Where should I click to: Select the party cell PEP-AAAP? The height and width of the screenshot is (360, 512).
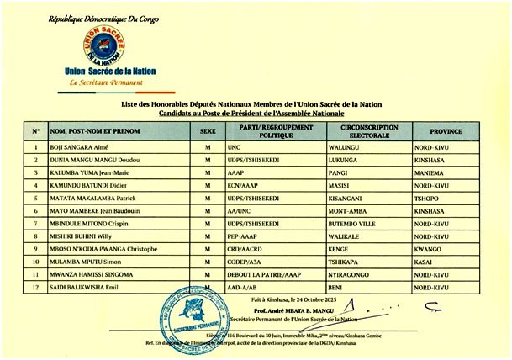(x=242, y=236)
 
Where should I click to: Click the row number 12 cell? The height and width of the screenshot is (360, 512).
(x=35, y=289)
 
